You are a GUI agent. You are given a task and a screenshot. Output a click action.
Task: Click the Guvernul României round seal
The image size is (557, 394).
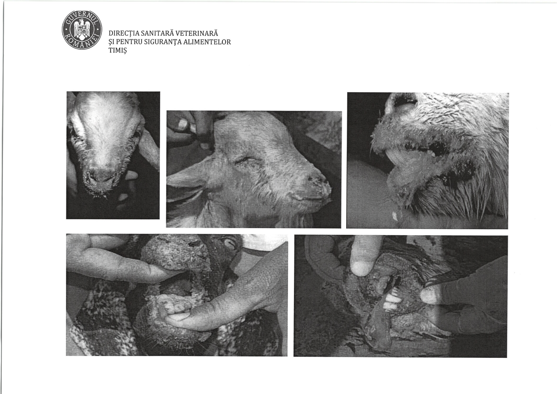click(82, 30)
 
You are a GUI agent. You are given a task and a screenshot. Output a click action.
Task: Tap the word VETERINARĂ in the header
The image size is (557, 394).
click(197, 33)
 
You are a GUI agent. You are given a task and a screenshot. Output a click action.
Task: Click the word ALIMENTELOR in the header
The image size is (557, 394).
click(207, 42)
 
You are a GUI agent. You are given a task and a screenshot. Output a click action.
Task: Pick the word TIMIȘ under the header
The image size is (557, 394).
click(118, 51)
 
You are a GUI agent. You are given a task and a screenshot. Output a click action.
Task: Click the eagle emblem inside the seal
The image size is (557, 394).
click(82, 30)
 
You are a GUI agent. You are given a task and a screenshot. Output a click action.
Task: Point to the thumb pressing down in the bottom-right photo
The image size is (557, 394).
click(362, 256)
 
